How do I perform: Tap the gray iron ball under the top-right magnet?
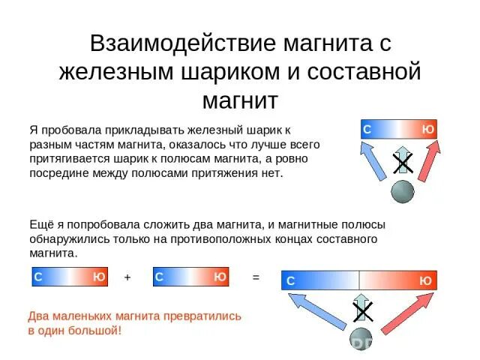pos(403,192)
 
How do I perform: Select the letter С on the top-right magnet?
pos(367,130)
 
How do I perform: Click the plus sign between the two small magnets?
pos(127,277)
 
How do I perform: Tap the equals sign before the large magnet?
pos(256,277)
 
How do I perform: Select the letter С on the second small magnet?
pos(159,277)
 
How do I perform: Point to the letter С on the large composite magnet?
pos(290,280)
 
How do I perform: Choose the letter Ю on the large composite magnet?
pos(425,280)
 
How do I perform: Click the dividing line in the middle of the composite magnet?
pos(359,280)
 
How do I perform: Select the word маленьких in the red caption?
pos(84,316)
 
